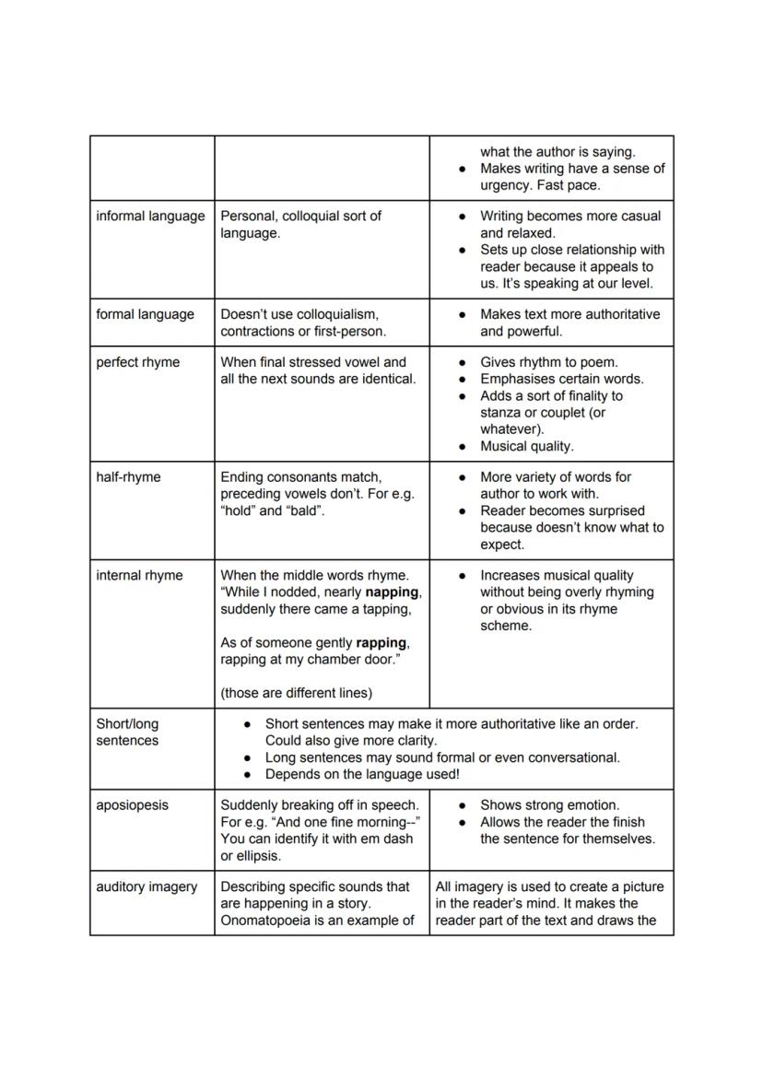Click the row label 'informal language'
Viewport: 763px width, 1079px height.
point(150,216)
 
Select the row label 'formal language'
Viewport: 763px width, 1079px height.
point(145,314)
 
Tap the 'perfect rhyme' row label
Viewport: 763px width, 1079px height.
point(137,362)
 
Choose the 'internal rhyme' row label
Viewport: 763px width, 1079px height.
point(139,576)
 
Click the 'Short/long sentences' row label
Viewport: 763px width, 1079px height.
point(127,733)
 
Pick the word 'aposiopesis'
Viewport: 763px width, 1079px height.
point(132,805)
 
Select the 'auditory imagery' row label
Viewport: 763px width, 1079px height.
point(147,886)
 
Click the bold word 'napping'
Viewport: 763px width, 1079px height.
point(393,592)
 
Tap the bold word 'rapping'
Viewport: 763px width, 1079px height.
point(381,643)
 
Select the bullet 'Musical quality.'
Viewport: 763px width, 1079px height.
point(526,447)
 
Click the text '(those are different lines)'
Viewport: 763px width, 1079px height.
point(296,693)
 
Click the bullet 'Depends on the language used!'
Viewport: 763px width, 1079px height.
point(361,775)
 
